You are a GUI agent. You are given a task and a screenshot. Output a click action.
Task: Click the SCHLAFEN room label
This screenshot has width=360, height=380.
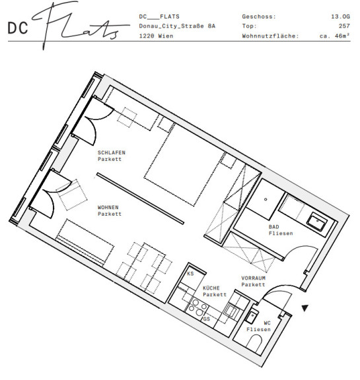tap(112, 152)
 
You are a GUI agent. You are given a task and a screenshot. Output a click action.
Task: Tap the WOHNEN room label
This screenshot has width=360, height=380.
tap(108, 207)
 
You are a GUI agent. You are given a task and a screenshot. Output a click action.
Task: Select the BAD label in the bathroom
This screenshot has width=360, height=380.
tap(274, 227)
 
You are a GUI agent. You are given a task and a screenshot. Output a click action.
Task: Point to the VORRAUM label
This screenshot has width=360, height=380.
tap(253, 278)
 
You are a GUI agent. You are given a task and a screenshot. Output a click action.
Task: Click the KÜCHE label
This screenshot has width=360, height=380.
tap(211, 288)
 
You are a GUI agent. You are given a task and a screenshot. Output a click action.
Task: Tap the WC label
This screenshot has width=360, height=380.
tap(267, 323)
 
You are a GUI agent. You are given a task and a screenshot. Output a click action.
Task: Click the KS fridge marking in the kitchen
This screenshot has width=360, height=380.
tap(190, 274)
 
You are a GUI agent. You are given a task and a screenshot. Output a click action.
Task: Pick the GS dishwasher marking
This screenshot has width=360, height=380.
tap(207, 319)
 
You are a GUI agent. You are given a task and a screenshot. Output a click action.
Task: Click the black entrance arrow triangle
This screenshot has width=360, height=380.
tap(305, 308)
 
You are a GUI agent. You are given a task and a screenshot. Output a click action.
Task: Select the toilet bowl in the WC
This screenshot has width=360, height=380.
tap(255, 342)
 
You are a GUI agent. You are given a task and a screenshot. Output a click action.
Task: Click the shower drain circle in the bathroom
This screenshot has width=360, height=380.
tap(266, 199)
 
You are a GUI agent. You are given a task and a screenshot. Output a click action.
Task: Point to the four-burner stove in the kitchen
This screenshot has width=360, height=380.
tap(198, 307)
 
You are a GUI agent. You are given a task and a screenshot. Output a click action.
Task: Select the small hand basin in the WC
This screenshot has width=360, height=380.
tap(252, 316)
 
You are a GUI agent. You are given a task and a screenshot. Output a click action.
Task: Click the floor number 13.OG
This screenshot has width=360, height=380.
tap(341, 16)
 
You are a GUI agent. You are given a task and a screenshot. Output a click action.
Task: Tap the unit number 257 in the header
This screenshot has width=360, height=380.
tap(344, 26)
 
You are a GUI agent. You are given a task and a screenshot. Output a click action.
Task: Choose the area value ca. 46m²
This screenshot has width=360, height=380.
tap(335, 36)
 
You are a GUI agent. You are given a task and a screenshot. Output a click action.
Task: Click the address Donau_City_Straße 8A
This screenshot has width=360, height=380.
tap(177, 26)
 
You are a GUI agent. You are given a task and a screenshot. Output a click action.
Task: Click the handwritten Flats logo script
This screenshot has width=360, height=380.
tap(80, 26)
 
